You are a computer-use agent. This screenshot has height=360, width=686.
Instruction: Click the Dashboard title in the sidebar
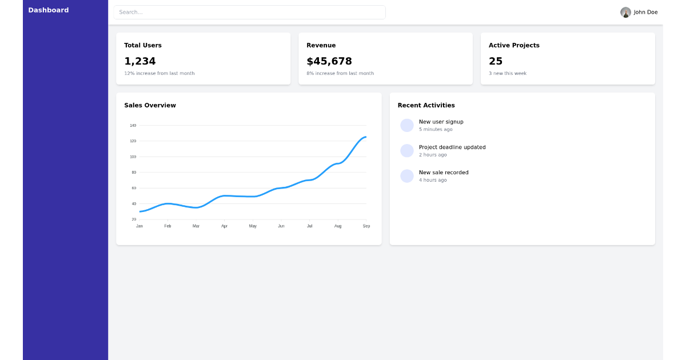49,10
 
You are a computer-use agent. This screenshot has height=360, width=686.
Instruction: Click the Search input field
249,12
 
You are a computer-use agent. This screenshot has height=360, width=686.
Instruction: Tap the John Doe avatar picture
625,12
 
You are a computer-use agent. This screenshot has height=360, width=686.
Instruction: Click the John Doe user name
645,12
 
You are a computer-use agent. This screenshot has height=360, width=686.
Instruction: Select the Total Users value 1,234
140,61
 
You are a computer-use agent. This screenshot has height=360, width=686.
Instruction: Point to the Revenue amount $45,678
329,61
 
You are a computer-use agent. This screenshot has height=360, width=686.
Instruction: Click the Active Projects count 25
496,61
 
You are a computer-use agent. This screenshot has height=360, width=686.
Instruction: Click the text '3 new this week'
508,74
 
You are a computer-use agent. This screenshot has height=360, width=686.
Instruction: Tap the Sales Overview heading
150,106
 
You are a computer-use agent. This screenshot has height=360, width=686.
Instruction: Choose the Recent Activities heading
426,106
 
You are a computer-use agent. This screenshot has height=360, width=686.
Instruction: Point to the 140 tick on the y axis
133,126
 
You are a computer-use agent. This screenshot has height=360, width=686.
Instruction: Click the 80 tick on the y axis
134,173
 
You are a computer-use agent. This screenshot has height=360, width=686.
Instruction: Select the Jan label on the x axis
139,226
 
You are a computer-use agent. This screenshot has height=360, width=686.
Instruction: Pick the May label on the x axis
253,226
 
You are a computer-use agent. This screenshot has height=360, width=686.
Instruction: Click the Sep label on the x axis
366,226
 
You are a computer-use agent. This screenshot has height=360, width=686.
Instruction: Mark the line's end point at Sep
366,137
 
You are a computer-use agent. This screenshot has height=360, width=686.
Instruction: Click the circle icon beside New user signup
407,126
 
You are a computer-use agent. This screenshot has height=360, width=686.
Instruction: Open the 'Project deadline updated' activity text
452,147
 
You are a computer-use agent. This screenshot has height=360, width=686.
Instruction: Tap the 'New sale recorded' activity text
444,173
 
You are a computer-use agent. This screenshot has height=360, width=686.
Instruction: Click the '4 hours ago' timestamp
433,181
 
